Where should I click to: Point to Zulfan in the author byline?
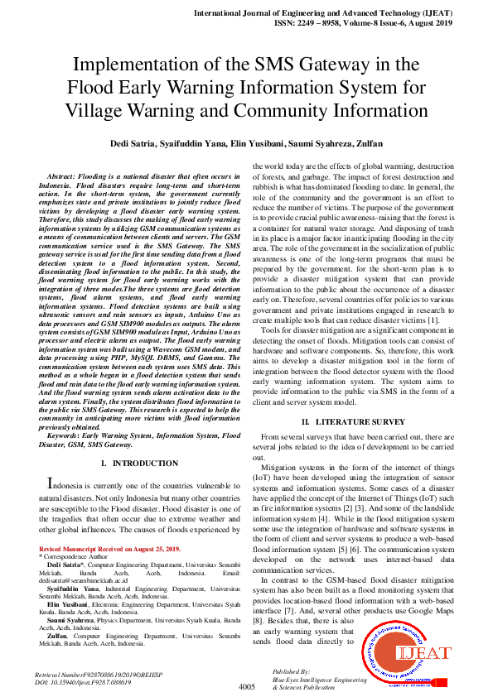pyautogui.click(x=367, y=143)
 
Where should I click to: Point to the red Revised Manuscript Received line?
pyautogui.click(x=109, y=549)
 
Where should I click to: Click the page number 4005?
pyautogui.click(x=246, y=687)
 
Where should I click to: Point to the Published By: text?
pyautogui.click(x=292, y=671)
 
